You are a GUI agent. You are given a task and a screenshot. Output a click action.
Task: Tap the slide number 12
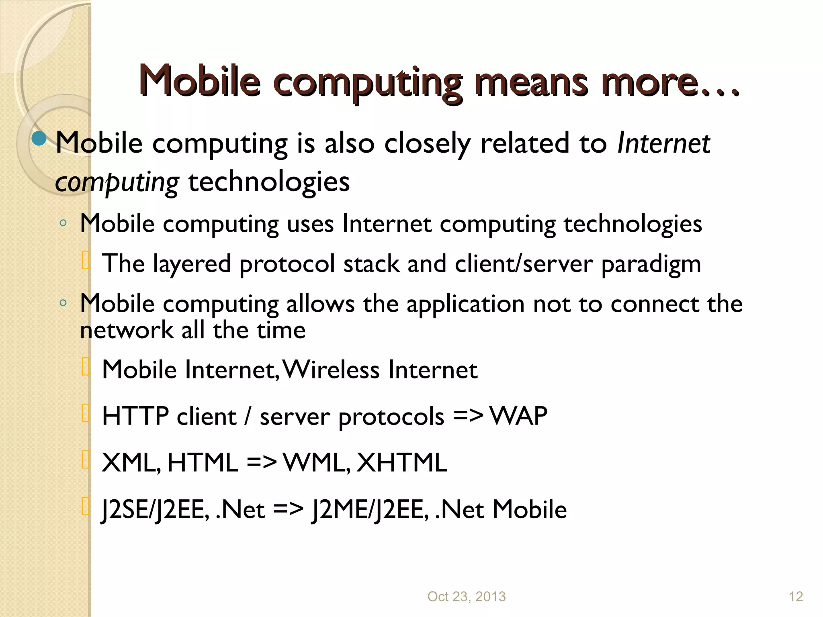click(x=796, y=597)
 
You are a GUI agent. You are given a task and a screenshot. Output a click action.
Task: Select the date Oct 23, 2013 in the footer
click(x=466, y=597)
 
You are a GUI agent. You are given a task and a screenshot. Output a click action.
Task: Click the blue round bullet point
click(x=39, y=139)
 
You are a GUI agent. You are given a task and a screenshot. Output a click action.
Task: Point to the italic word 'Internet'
click(x=663, y=143)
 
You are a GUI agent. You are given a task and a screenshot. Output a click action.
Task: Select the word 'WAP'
click(x=519, y=416)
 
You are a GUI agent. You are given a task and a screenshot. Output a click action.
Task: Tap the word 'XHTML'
click(x=402, y=462)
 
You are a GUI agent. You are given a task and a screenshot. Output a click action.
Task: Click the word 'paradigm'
click(x=651, y=265)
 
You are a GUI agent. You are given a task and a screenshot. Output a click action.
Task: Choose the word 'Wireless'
click(x=331, y=370)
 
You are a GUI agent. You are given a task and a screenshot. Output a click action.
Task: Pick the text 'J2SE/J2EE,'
click(x=155, y=510)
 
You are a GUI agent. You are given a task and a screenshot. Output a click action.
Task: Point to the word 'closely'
click(x=427, y=143)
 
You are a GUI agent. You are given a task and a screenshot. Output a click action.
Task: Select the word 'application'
click(x=465, y=304)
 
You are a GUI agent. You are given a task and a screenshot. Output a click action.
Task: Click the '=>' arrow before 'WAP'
click(x=468, y=416)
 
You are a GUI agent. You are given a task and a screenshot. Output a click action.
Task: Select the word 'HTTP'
click(x=135, y=416)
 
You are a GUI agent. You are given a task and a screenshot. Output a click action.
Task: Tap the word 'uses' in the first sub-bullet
click(x=310, y=224)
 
